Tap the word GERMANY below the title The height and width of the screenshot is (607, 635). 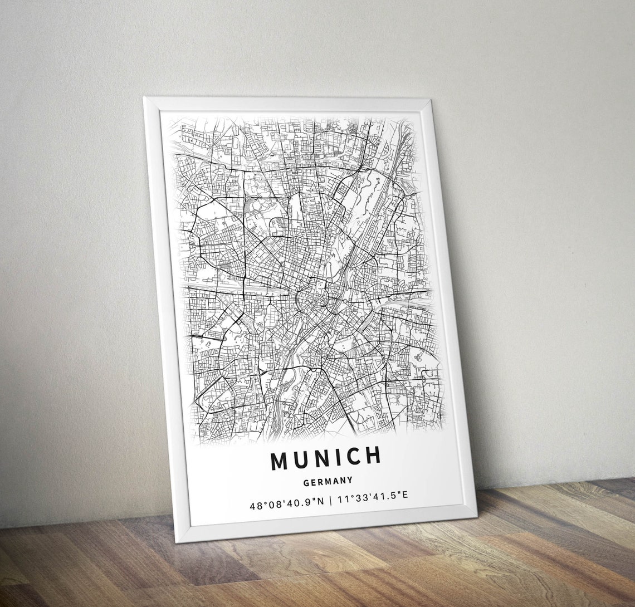(x=328, y=481)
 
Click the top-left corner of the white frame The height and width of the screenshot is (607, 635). (x=144, y=98)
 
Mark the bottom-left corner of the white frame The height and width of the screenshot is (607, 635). (x=178, y=541)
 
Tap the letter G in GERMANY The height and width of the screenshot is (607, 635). (x=306, y=482)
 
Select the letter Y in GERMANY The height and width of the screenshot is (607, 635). (x=350, y=479)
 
